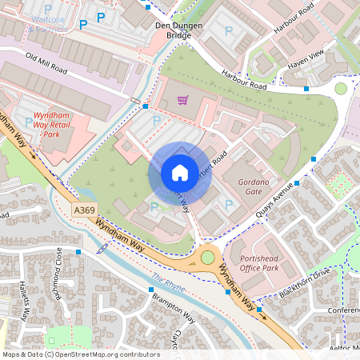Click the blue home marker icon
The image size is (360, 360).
(x=180, y=172)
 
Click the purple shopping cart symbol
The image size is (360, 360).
(x=182, y=101)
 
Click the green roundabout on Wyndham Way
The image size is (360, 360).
(x=208, y=257)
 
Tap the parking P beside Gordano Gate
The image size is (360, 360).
(x=229, y=206)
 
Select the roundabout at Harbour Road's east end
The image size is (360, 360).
(x=341, y=88)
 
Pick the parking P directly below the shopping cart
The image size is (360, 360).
(x=157, y=119)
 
